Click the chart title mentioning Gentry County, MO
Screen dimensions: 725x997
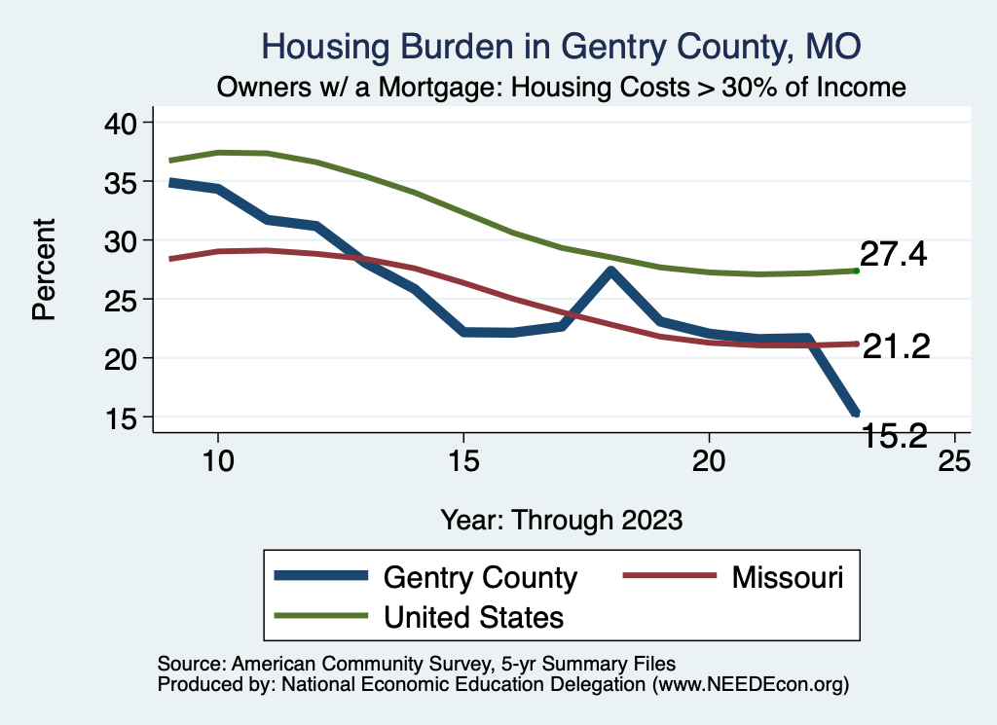click(x=562, y=46)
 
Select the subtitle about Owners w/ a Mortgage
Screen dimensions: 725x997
click(x=562, y=88)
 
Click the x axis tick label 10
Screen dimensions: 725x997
click(x=217, y=460)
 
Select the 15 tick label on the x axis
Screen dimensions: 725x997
click(x=462, y=460)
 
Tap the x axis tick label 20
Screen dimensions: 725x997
click(x=708, y=460)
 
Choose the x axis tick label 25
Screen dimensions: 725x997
click(x=953, y=460)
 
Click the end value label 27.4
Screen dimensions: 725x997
click(x=893, y=256)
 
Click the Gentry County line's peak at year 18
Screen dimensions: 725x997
click(x=610, y=271)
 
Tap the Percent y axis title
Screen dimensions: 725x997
click(x=44, y=270)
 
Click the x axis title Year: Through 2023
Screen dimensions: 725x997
click(x=562, y=519)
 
